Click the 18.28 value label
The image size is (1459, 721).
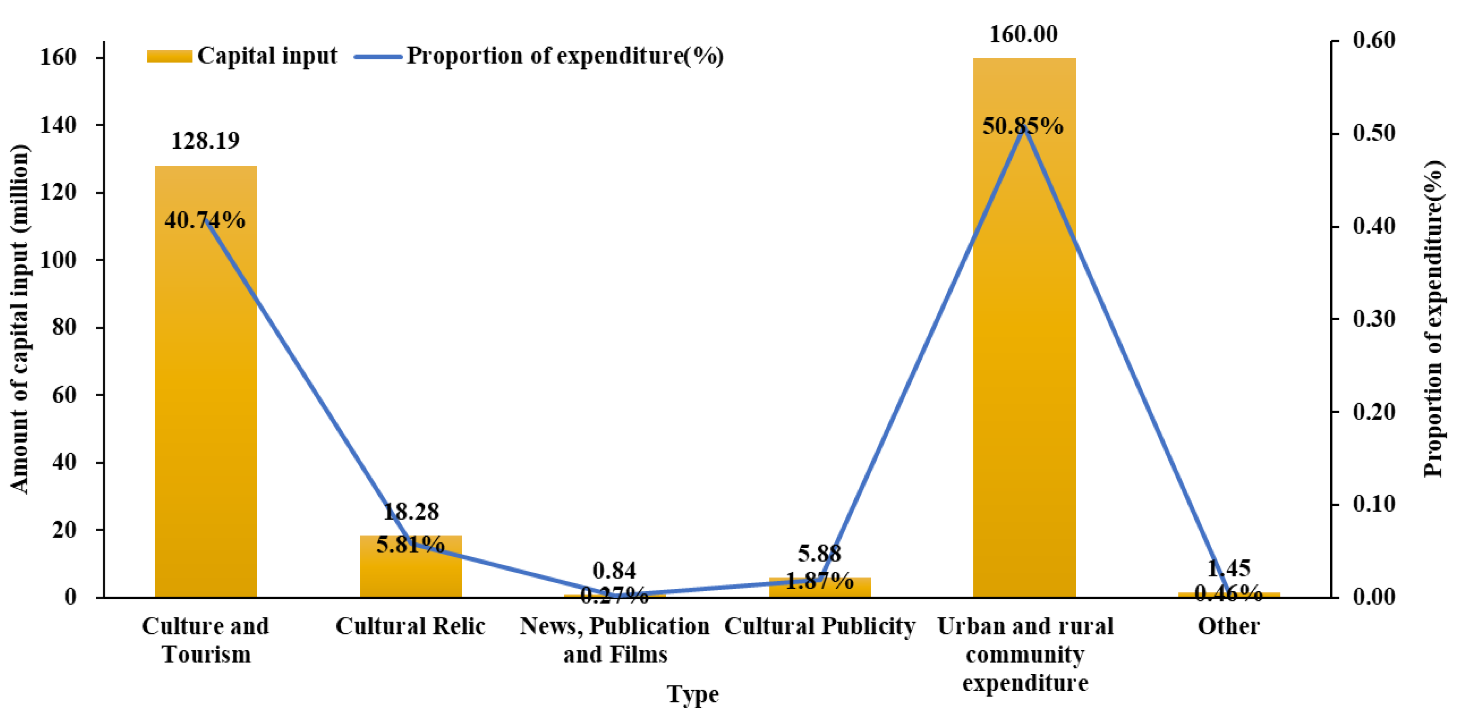pos(411,512)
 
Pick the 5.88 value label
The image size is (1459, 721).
pos(820,553)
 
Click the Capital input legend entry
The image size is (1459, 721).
pos(242,55)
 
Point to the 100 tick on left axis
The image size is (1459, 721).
pos(59,260)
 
